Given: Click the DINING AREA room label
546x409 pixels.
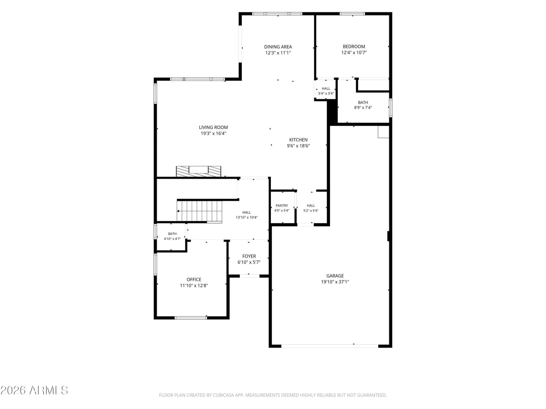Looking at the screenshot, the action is coord(278,47).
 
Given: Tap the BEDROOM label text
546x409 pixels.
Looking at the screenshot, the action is coord(354,46).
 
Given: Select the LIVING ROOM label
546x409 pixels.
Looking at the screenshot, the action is coord(213,127).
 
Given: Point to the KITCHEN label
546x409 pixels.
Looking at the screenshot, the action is coord(298,140).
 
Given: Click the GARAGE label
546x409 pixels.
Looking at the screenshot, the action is coord(335,276).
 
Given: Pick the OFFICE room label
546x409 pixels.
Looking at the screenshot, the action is coord(194,279).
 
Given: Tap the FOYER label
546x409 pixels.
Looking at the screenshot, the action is coord(249,256).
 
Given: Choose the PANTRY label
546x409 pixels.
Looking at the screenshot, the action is coord(282,206).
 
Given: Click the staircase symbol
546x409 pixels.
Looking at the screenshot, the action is coord(199,211).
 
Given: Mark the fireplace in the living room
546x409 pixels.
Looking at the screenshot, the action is coord(199,171).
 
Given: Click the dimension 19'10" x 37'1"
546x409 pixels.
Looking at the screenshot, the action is coord(335,282).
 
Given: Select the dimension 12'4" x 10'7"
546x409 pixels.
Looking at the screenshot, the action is coord(354,52).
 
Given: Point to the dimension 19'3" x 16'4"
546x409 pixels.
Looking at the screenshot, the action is coord(213,133).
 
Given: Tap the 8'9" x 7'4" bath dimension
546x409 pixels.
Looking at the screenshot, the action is coord(363,107).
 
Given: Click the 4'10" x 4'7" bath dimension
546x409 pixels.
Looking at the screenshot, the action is coord(172,239).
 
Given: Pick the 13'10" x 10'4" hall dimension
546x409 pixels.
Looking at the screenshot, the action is coord(246,217).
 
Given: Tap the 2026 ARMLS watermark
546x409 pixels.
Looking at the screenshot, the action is coord(34,390).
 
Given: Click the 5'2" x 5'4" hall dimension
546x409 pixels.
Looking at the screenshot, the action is coord(311,211).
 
